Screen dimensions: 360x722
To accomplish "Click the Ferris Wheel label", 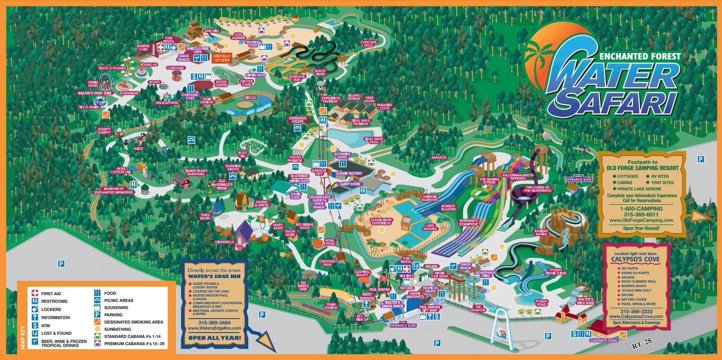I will (x=93, y=84).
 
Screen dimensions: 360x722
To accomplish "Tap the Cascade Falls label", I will (x=368, y=44).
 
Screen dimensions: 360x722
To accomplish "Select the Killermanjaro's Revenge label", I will (x=518, y=177).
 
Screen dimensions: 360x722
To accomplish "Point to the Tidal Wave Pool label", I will (x=374, y=140).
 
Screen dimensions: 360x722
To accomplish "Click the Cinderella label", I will (x=224, y=242).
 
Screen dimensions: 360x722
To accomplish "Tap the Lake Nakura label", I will (x=430, y=227).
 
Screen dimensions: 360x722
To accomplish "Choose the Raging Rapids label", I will (x=541, y=233).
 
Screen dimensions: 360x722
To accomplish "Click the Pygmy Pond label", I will (x=542, y=303).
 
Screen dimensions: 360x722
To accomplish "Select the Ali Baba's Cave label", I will (x=303, y=286).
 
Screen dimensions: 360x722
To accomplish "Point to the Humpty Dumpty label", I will (x=104, y=131).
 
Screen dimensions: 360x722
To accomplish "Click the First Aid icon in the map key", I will (x=35, y=293).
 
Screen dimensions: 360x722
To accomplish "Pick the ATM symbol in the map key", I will (x=35, y=325).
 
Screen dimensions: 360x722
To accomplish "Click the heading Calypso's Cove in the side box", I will (x=635, y=260).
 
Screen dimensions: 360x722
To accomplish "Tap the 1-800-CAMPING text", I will (x=641, y=209).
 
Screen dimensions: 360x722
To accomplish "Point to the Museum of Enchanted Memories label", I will (x=113, y=190).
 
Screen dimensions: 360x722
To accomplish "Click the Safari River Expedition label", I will (x=381, y=222).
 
